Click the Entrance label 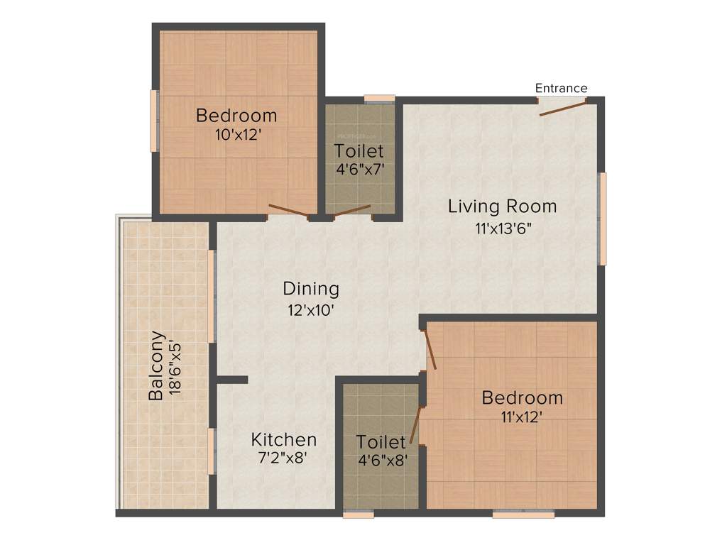(561, 88)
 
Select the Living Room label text (502, 207)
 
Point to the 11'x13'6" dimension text (503, 229)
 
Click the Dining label (311, 289)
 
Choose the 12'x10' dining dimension (310, 310)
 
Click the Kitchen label (284, 439)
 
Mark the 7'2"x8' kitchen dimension (283, 459)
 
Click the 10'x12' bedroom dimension (236, 134)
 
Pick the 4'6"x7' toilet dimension (359, 170)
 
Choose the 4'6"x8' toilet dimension (382, 460)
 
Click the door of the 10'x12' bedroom (288, 210)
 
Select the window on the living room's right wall (603, 219)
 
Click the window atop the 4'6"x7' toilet (379, 99)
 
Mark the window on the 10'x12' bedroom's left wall (153, 120)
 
